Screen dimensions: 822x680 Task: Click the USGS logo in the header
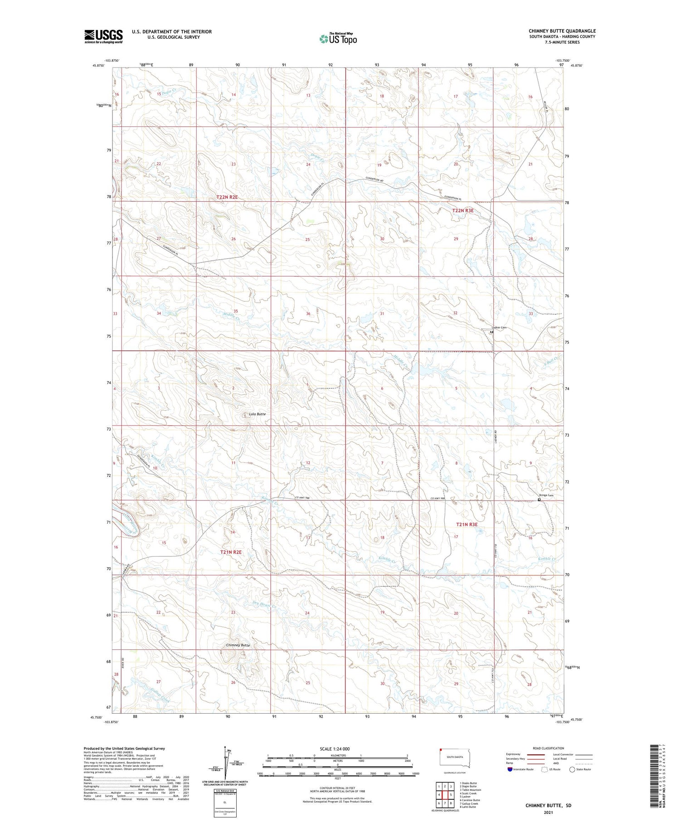103,36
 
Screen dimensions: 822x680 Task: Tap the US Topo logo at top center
338,39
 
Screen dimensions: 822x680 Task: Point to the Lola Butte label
257,414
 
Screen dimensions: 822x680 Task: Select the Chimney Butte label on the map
238,645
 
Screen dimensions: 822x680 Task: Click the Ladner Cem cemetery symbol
491,332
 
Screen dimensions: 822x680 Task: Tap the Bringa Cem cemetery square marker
539,500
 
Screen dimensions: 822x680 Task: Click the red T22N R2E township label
227,197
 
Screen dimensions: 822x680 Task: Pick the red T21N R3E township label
467,524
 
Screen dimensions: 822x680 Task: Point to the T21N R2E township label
231,552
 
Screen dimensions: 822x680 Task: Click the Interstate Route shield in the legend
510,769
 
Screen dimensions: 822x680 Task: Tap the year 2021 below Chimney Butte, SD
548,812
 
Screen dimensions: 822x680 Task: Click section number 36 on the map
308,314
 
